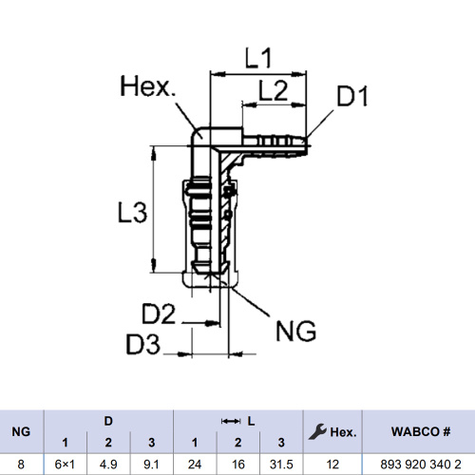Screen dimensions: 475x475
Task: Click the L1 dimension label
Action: point(258,58)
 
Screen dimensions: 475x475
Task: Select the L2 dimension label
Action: point(274,90)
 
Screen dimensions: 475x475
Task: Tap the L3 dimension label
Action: point(132,212)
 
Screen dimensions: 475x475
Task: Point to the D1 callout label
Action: point(352,96)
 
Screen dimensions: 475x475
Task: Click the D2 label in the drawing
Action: point(159,313)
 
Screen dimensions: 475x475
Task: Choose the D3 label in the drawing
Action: point(142,344)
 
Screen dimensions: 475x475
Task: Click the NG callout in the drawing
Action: point(295,331)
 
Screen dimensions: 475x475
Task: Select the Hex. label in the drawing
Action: point(147,86)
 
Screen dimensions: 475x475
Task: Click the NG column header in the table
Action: point(21,431)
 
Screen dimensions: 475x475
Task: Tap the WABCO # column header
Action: point(421,431)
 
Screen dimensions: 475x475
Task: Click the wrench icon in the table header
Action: point(317,431)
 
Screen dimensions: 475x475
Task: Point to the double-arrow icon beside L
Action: point(231,421)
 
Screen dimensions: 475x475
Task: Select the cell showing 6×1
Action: point(65,465)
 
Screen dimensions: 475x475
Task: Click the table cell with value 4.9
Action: point(108,465)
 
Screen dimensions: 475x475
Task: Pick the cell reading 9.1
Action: point(151,465)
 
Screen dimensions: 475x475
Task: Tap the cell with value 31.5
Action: point(281,465)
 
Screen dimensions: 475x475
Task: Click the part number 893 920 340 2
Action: point(421,465)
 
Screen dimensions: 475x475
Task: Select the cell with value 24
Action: point(195,465)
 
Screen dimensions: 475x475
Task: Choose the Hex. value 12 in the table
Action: point(332,465)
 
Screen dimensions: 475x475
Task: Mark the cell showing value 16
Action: point(237,465)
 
